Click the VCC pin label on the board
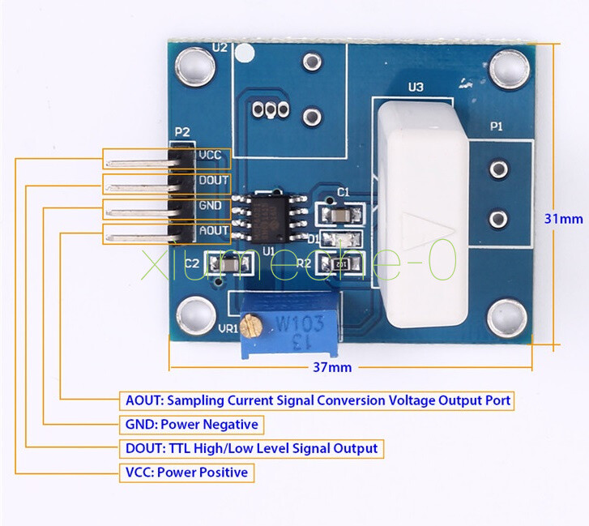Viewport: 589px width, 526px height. tap(209, 154)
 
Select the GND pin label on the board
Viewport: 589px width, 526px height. tap(209, 206)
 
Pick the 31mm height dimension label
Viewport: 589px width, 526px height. tap(564, 219)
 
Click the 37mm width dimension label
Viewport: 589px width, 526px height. tap(332, 367)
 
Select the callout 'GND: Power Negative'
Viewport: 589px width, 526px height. tap(191, 424)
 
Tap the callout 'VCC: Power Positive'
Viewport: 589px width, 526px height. tap(186, 473)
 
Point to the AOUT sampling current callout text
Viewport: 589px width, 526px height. tap(318, 400)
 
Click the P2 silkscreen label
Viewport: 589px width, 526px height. tap(182, 132)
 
